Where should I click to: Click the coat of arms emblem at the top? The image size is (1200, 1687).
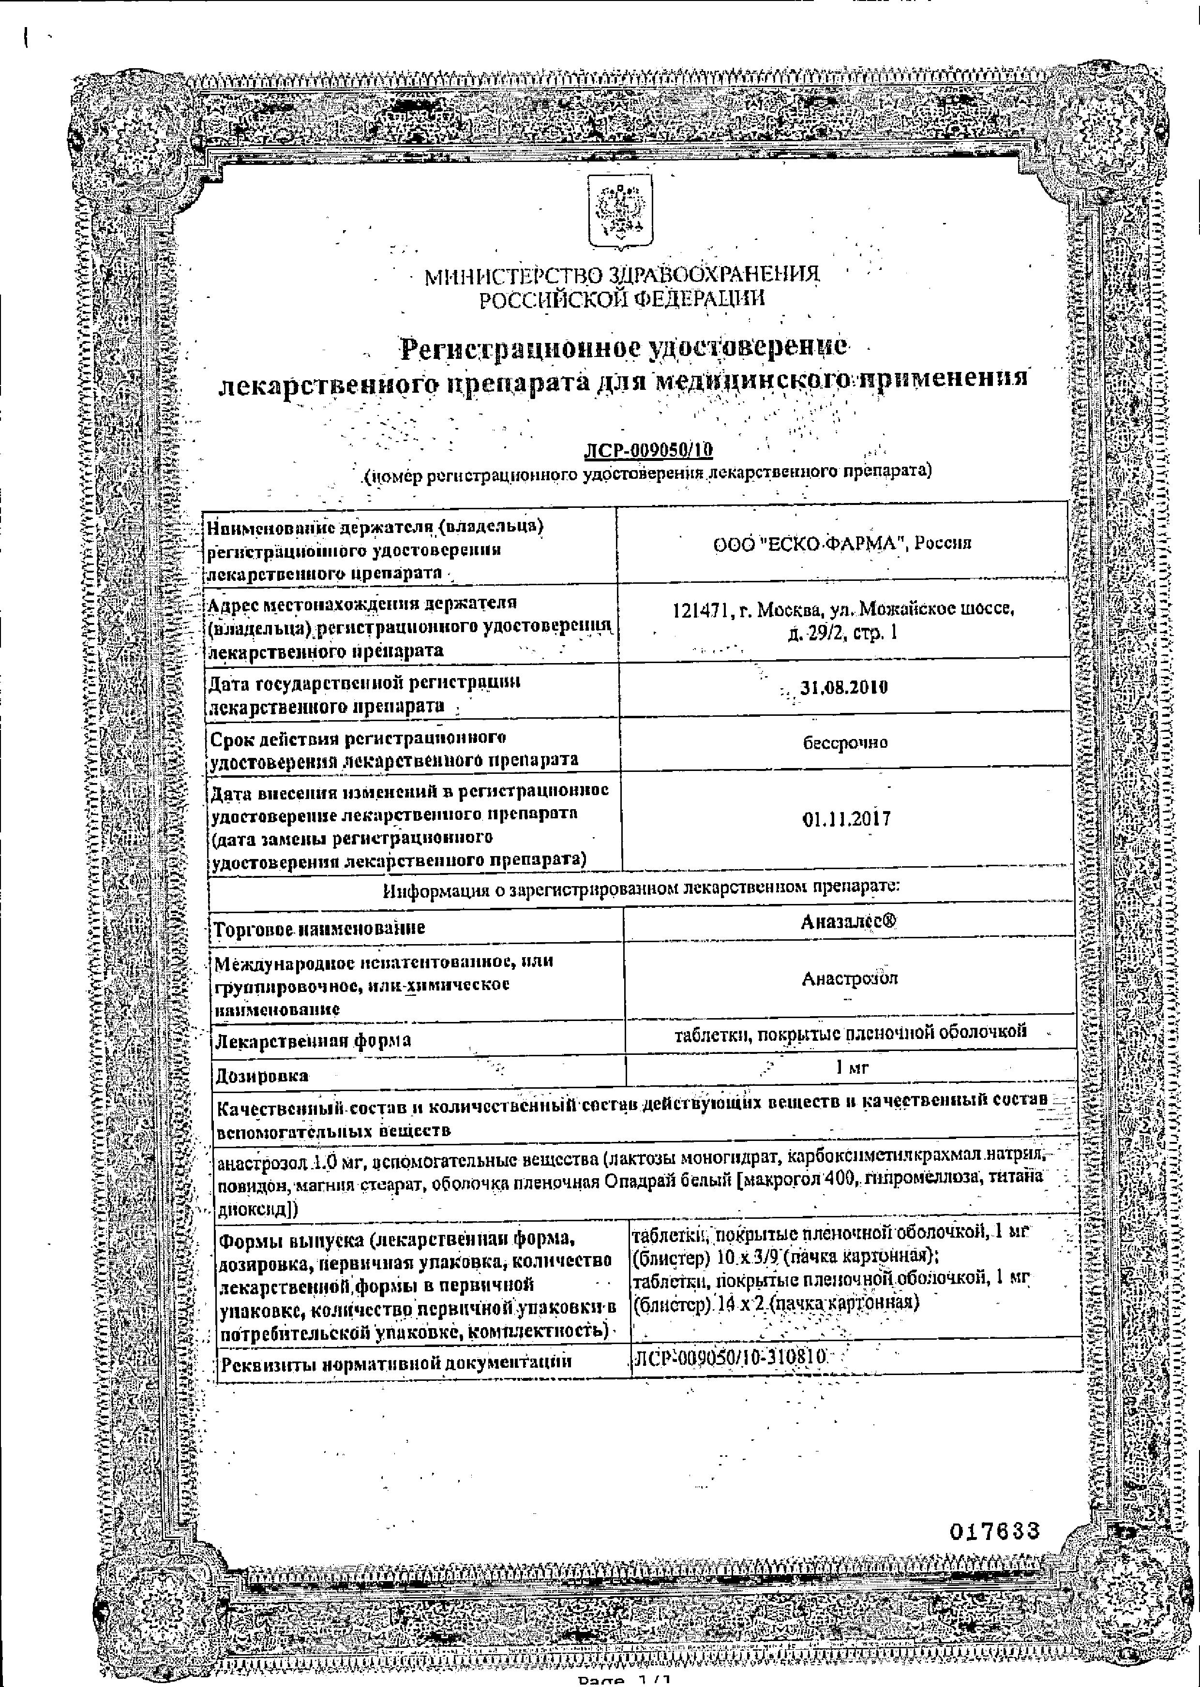(x=619, y=211)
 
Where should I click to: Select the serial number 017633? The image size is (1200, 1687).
(x=994, y=1531)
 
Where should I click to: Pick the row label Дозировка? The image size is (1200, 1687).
(x=262, y=1076)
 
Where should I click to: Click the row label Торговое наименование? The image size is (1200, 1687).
(x=319, y=928)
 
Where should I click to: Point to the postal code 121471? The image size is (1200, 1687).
(x=698, y=610)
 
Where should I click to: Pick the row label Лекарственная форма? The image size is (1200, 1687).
(x=313, y=1041)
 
